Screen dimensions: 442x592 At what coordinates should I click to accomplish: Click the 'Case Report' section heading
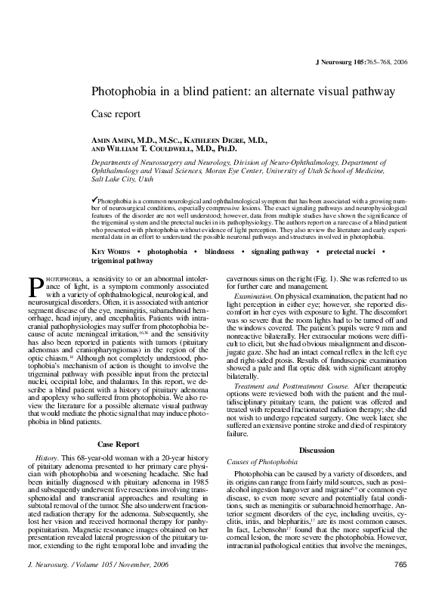pyautogui.click(x=125, y=442)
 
